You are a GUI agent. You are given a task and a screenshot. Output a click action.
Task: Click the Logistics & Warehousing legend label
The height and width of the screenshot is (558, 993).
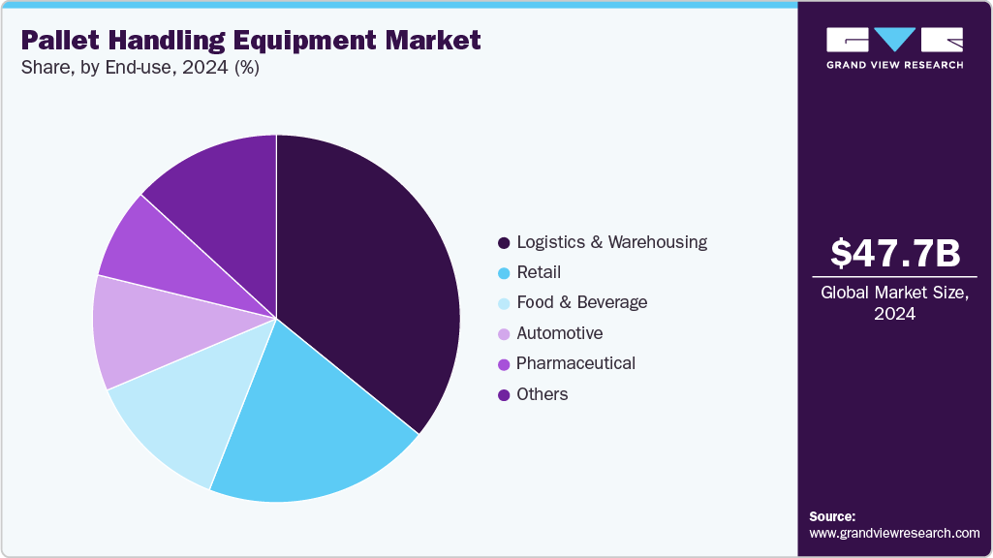pyautogui.click(x=611, y=242)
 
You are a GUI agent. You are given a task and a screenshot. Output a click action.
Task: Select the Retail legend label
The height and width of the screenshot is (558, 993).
pyautogui.click(x=539, y=272)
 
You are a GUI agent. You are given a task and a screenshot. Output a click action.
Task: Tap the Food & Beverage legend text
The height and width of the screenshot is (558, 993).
pyautogui.click(x=581, y=302)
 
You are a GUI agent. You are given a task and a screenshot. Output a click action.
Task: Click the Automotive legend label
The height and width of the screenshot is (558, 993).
pyautogui.click(x=559, y=333)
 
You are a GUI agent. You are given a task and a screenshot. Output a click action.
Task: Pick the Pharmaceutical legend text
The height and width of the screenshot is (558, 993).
pyautogui.click(x=575, y=363)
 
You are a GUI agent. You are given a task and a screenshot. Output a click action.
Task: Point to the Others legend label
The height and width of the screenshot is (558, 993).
pyautogui.click(x=542, y=394)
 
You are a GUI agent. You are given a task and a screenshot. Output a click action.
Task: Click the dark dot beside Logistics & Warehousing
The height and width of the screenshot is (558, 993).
pyautogui.click(x=503, y=242)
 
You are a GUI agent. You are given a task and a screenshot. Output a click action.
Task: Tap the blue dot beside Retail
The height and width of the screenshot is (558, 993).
pyautogui.click(x=503, y=273)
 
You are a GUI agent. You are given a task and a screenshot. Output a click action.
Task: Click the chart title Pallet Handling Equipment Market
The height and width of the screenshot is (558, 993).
pyautogui.click(x=250, y=41)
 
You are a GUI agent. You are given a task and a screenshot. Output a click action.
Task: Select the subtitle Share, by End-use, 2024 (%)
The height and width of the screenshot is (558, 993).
pyautogui.click(x=140, y=69)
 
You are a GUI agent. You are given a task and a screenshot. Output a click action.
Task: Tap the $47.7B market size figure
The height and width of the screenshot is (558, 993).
pyautogui.click(x=895, y=253)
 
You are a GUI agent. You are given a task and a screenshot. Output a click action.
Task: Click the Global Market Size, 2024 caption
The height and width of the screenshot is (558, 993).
pyautogui.click(x=895, y=302)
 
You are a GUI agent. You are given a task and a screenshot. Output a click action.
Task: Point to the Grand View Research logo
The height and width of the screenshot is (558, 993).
pyautogui.click(x=895, y=46)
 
